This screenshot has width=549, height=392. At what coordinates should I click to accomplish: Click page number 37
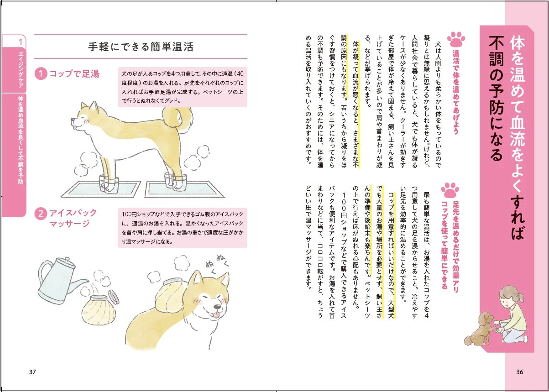coord(32,371)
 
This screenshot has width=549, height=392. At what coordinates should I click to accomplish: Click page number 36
coord(519,371)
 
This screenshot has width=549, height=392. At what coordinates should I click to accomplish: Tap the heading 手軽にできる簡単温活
coord(141,47)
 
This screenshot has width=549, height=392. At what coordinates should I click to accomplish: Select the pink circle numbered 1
coord(41,73)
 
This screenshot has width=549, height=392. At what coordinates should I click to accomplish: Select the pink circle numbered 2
coord(41,213)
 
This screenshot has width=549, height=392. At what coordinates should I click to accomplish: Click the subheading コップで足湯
coord(74,73)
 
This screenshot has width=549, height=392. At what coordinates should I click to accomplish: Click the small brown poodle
coord(479,328)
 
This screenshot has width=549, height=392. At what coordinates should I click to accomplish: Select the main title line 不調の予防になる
coord(496,98)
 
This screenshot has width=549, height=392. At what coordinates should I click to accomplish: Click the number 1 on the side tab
coord(21,42)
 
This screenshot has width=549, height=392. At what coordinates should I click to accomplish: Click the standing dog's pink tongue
coord(74,129)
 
